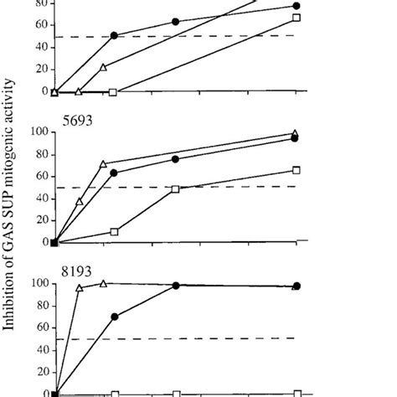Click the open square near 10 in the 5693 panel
(x=114, y=231)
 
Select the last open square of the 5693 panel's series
(x=296, y=170)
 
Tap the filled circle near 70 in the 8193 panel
(x=114, y=317)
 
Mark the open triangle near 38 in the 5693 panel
(x=80, y=201)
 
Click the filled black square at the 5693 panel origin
(x=54, y=242)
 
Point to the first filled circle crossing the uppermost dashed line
(x=114, y=36)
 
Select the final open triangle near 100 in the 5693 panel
(x=295, y=133)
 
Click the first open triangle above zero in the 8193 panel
(x=80, y=288)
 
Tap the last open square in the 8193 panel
(x=296, y=392)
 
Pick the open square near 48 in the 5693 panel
(x=175, y=189)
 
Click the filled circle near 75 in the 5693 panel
(x=175, y=159)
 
